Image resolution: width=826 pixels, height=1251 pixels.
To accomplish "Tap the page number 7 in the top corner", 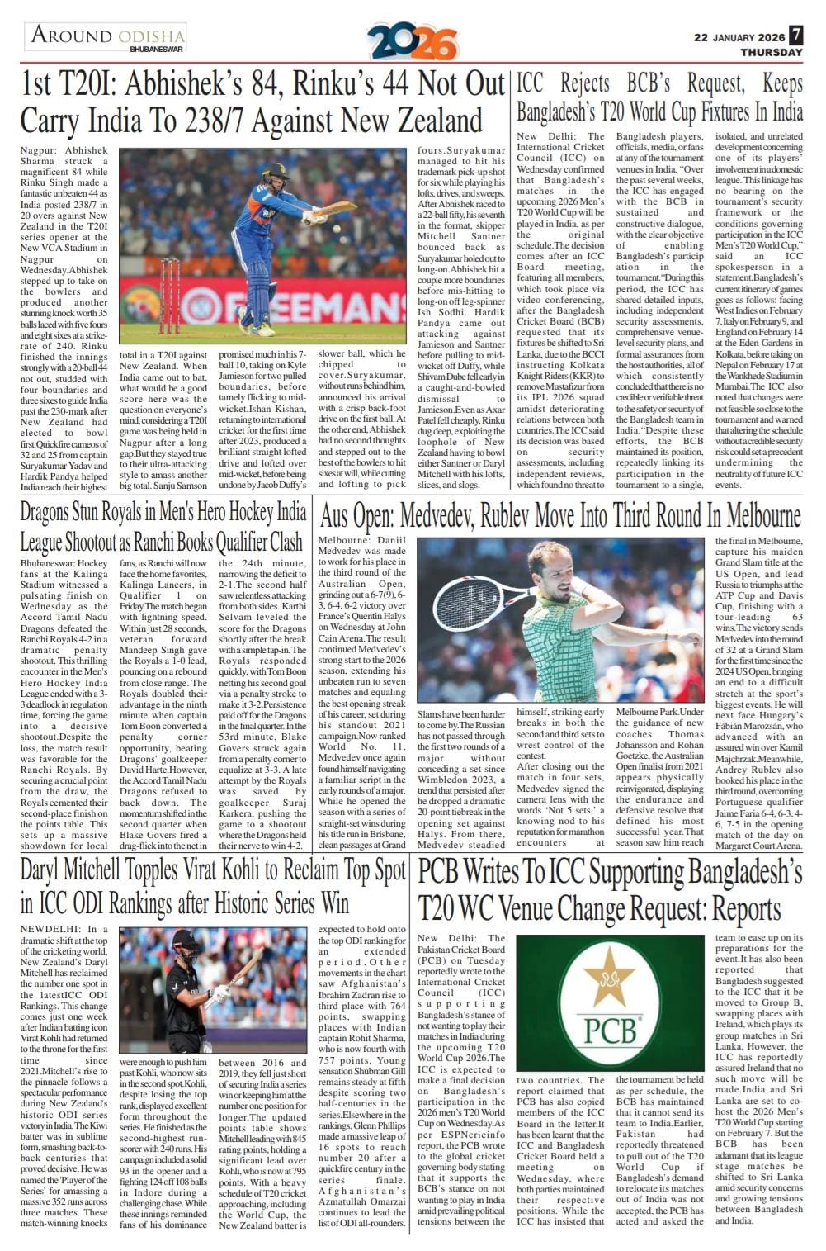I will click(795, 36).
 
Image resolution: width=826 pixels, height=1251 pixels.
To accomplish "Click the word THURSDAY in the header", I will click(771, 52).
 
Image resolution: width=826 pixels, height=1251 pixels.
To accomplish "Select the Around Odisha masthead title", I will click(107, 36).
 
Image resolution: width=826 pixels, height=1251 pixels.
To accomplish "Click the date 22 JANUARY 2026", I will click(739, 37).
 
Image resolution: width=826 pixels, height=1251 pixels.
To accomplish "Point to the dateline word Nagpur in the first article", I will click(39, 151).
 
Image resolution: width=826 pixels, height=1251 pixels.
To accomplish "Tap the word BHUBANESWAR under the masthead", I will click(156, 49).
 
